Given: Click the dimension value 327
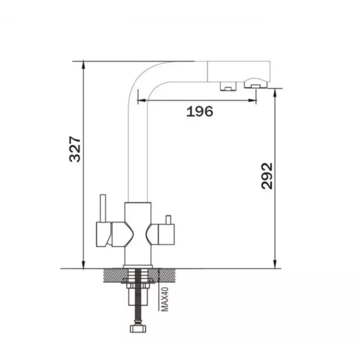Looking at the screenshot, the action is (75, 149).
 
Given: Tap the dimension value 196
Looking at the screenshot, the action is (200, 112).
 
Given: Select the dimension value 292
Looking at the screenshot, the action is (267, 176).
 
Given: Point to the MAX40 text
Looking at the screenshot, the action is (165, 300).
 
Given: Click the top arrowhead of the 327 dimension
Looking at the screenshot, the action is (84, 65).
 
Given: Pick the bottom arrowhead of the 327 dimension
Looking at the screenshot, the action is (84, 265).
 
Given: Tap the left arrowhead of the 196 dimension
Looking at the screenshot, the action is (141, 100).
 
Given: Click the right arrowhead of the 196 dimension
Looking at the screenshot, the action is (252, 100).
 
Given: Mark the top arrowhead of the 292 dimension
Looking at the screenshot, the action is (275, 92).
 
